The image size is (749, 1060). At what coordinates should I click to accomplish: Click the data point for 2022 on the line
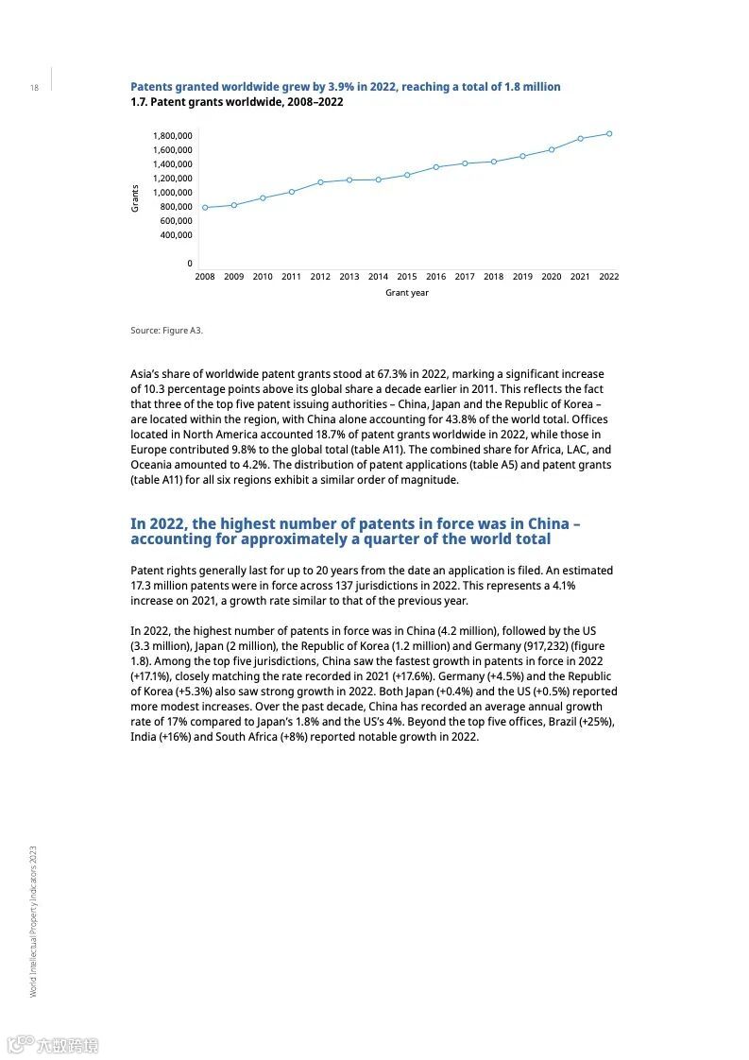tap(609, 133)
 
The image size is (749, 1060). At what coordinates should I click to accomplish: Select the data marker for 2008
tap(205, 208)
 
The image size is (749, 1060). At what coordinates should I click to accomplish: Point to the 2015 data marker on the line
tap(407, 175)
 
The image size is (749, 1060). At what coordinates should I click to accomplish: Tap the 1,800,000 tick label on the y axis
tap(173, 136)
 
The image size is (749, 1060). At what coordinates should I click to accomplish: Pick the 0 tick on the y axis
tap(189, 264)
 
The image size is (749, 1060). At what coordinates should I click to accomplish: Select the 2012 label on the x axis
tap(320, 277)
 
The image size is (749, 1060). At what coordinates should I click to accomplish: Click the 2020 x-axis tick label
tap(552, 277)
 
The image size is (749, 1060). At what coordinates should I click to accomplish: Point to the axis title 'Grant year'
tap(407, 293)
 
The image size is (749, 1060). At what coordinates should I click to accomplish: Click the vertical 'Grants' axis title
tap(135, 197)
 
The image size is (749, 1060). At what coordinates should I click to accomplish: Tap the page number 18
tap(34, 88)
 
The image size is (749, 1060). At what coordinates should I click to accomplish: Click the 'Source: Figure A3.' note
tap(166, 331)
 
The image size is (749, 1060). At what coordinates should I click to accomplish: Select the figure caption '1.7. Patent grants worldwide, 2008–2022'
tap(236, 102)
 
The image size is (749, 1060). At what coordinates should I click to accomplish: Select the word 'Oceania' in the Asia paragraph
tap(154, 466)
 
